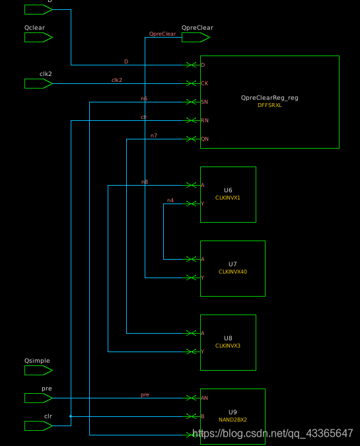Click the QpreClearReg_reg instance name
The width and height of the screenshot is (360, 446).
pyautogui.click(x=270, y=98)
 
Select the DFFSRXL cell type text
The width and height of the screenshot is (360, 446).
pyautogui.click(x=270, y=105)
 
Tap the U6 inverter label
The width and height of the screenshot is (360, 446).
pyautogui.click(x=228, y=190)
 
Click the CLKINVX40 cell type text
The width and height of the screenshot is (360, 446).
pyautogui.click(x=233, y=272)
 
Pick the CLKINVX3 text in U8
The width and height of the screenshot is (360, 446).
pyautogui.click(x=228, y=346)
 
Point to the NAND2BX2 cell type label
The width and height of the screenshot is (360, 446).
pyautogui.click(x=233, y=420)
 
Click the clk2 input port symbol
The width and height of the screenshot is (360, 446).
pyautogui.click(x=38, y=83)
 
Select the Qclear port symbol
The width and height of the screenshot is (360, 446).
pyautogui.click(x=38, y=37)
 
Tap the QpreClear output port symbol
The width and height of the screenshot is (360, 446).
pyautogui.click(x=196, y=38)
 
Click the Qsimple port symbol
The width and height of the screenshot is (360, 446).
pyautogui.click(x=38, y=370)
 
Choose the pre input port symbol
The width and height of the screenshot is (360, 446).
pyautogui.click(x=38, y=398)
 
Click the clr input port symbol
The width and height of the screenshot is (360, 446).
pyautogui.click(x=38, y=426)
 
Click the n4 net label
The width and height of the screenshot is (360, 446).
pyautogui.click(x=170, y=200)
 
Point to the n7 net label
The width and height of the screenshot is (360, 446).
pyautogui.click(x=154, y=135)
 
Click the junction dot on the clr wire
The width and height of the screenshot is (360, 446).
pyautogui.click(x=71, y=416)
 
